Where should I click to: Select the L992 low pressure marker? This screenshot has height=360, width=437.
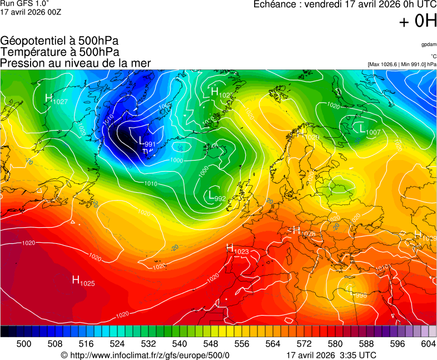[x=216, y=196]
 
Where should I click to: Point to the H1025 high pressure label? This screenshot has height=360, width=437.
[x=83, y=281]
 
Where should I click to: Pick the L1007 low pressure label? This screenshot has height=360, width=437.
[x=370, y=130]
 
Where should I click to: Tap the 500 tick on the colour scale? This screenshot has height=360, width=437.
[x=24, y=344]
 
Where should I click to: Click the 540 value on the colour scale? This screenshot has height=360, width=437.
[x=180, y=344]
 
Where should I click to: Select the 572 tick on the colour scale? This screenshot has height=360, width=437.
[x=304, y=344]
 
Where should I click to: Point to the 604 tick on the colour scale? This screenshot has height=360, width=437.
[x=428, y=344]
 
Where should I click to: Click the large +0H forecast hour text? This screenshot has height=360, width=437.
[x=418, y=21]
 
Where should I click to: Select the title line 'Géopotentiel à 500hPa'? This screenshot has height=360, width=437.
[x=59, y=41]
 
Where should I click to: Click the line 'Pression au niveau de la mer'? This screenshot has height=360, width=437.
[x=76, y=63]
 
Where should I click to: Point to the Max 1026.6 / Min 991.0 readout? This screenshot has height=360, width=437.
[x=401, y=64]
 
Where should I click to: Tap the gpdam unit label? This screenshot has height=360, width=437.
[x=429, y=44]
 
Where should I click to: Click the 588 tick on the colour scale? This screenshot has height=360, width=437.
[x=366, y=344]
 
